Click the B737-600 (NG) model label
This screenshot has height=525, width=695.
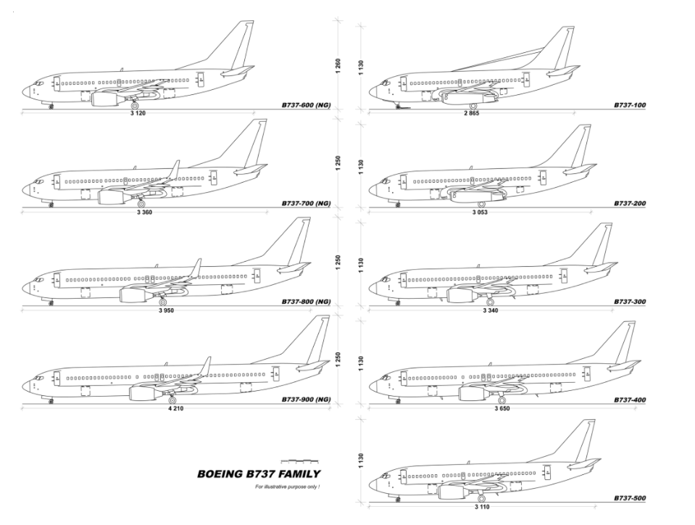[306, 106]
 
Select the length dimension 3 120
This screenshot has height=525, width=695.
[138, 114]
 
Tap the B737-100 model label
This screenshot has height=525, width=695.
[629, 106]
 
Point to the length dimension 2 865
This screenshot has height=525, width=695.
[472, 114]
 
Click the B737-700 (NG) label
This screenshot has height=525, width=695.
[306, 204]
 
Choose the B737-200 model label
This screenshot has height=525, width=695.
[629, 204]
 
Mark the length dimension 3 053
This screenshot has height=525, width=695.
[480, 212]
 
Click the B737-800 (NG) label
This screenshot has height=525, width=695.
[306, 302]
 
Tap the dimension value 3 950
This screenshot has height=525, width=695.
[166, 310]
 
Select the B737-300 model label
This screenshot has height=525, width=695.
[629, 302]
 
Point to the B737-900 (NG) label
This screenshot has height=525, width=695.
[306, 400]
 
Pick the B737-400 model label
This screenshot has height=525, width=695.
[629, 400]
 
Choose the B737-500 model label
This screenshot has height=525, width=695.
[629, 499]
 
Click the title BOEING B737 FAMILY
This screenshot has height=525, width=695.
[259, 474]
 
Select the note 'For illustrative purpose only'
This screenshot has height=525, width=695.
[288, 487]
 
